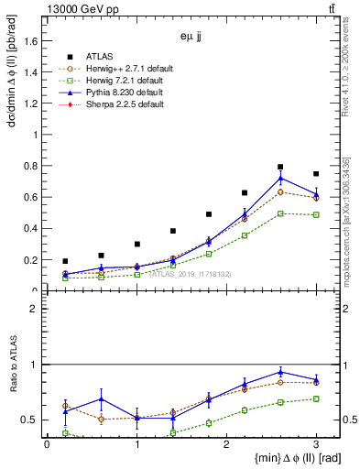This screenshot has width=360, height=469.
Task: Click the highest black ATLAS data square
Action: pos(280,167)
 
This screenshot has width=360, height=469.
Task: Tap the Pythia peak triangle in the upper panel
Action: pos(280,178)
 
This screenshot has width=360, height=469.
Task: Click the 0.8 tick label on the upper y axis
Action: pos(33,166)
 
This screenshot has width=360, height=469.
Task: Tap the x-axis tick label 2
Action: pos(226,445)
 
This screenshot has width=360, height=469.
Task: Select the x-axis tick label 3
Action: pos(316,445)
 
